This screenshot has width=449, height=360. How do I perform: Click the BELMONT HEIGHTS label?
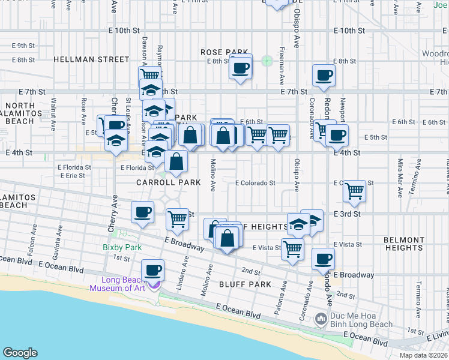(x=403, y=243)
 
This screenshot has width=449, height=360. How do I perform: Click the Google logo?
(x=20, y=352)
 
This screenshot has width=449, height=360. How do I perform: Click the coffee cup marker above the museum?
(x=152, y=270)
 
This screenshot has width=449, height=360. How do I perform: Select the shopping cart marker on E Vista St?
(x=292, y=248)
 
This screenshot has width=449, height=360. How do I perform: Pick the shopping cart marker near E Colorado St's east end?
(x=355, y=191)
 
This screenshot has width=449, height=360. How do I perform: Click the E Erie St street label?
(x=71, y=175)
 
